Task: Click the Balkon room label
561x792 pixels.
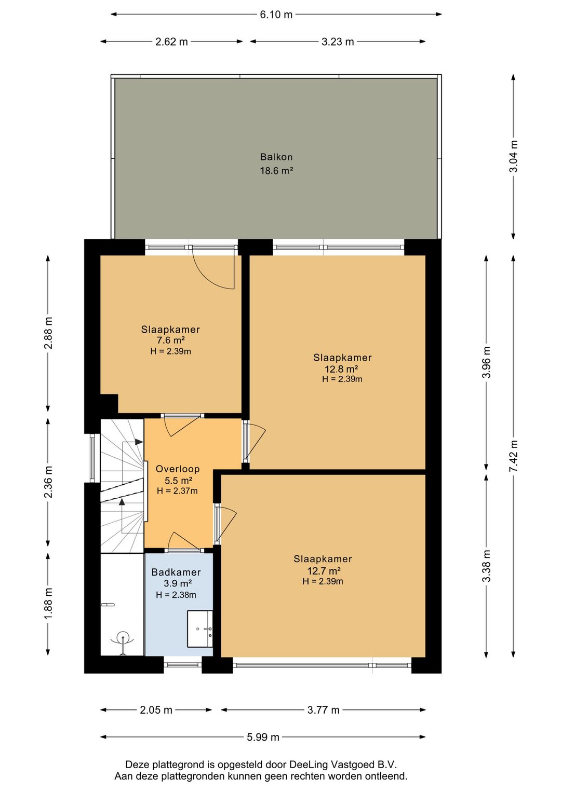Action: tap(276, 157)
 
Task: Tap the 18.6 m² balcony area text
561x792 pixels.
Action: tap(276, 171)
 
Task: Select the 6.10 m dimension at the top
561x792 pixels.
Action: tap(276, 15)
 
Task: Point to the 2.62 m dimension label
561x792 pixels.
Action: tap(171, 42)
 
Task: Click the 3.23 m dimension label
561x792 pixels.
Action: tap(338, 42)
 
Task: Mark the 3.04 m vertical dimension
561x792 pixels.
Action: tap(513, 156)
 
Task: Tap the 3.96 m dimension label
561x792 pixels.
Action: tap(486, 362)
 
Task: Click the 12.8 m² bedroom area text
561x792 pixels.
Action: tap(341, 369)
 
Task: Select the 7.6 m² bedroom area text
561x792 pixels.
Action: tap(170, 340)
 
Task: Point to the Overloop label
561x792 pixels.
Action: tap(178, 469)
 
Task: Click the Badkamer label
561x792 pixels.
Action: tap(176, 572)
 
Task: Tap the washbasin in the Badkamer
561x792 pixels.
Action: tap(200, 629)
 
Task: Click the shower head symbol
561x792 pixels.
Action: tap(123, 639)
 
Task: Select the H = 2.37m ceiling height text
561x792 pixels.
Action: tap(177, 491)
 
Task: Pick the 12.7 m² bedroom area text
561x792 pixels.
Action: tap(324, 571)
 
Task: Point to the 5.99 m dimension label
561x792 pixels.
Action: tap(263, 737)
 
